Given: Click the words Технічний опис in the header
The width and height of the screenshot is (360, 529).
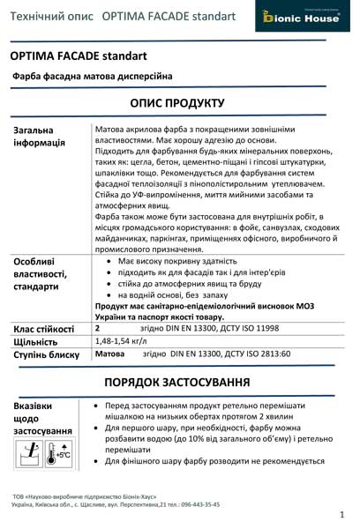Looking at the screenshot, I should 48,17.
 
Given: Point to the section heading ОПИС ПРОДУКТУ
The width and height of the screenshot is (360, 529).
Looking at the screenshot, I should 177,103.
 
